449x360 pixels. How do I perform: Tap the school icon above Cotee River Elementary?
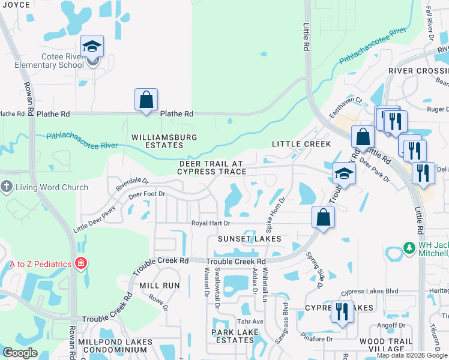click(92, 46)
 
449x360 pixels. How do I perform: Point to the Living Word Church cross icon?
click(7, 187)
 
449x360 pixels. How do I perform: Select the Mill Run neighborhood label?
click(160, 286)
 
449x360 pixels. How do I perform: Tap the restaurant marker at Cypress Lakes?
click(342, 311)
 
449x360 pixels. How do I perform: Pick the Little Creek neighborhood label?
click(301, 144)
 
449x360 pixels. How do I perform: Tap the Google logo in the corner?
click(20, 353)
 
